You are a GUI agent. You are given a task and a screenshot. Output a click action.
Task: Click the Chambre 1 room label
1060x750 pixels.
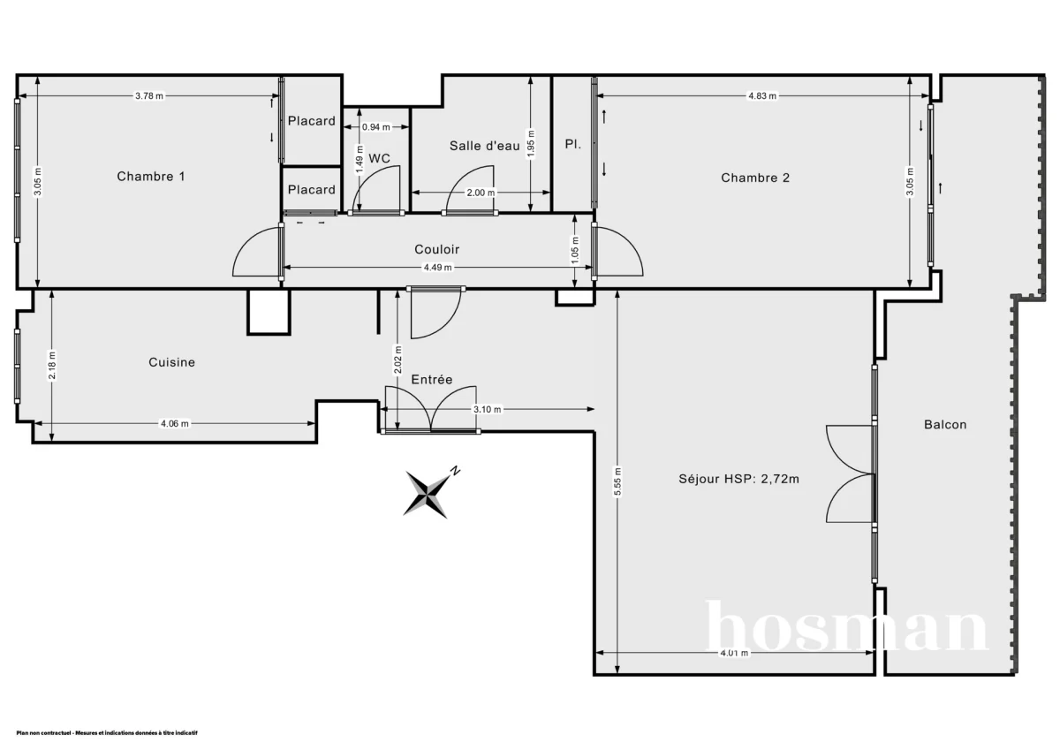151,177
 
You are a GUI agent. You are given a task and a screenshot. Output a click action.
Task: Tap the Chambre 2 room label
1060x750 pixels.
755,178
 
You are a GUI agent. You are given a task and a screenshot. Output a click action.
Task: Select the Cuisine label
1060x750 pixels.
171,362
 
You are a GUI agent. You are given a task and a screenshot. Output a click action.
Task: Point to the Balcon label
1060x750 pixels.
945,424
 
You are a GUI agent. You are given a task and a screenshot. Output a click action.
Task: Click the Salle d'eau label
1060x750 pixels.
484,146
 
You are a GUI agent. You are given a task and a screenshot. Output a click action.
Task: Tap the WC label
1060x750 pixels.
380,158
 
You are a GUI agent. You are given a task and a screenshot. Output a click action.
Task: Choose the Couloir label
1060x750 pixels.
437,249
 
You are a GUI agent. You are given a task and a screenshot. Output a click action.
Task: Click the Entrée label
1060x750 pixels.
432,379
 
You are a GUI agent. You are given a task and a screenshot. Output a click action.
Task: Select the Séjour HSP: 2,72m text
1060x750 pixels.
739,479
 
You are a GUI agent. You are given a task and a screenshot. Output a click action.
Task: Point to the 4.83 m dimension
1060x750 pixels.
761,96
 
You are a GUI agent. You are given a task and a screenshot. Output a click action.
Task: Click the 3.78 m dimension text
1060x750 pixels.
149,96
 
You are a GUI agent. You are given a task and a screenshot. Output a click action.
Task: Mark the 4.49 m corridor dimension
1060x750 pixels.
437,268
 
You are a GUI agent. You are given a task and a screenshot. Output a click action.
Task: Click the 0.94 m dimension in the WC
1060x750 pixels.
376,127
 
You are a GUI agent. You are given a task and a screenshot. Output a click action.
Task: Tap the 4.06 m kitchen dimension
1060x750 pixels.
174,424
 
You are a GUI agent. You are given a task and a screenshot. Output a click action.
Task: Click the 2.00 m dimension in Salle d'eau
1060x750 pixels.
481,193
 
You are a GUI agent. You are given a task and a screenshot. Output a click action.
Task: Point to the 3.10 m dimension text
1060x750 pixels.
488,409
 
